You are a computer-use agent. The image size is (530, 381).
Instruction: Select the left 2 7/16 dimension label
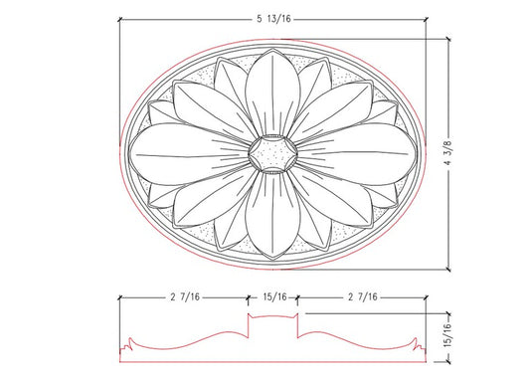185,295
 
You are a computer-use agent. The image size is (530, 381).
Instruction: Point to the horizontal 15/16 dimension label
274,295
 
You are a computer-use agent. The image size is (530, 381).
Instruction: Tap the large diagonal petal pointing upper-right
332,108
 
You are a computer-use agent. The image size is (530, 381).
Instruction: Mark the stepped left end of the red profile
126,347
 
